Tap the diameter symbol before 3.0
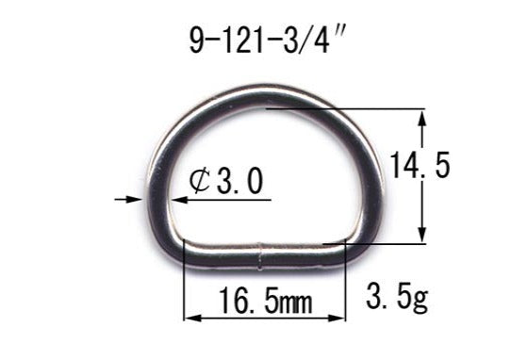pos(199,181)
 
